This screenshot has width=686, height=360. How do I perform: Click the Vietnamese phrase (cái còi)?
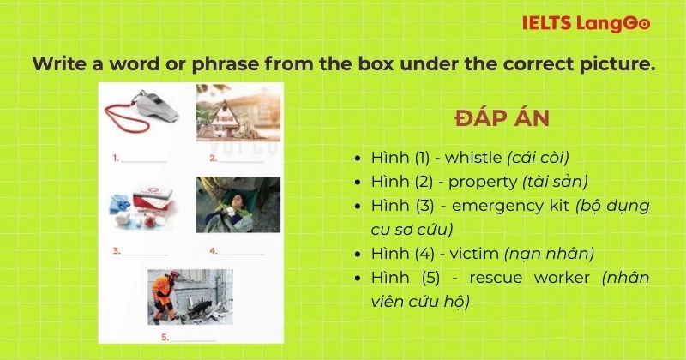[x=539, y=159]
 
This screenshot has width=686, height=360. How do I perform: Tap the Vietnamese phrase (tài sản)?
[x=555, y=182]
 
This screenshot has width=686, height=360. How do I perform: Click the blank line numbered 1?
[x=143, y=159]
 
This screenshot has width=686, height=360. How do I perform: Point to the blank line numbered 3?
[x=143, y=253]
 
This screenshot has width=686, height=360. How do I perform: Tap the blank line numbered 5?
[x=193, y=339]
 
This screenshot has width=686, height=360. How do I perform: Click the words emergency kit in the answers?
[x=518, y=206]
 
